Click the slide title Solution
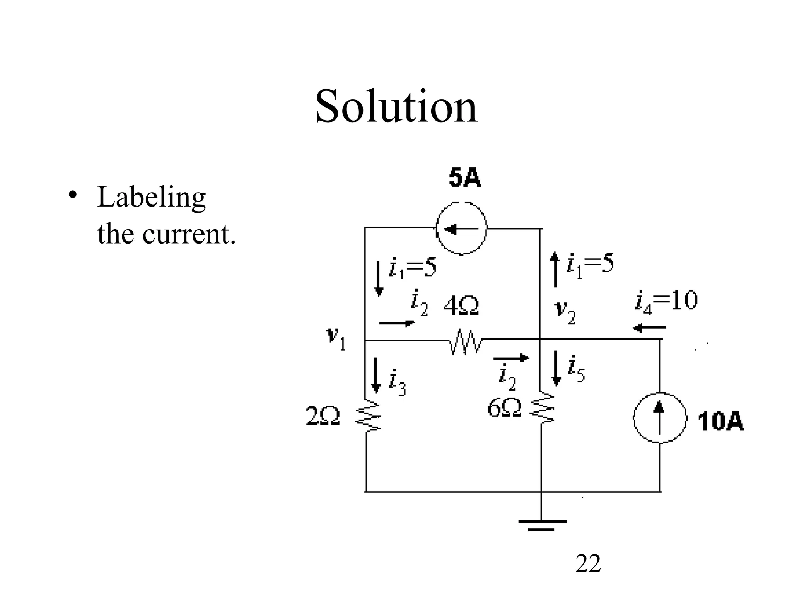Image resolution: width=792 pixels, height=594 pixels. [396, 106]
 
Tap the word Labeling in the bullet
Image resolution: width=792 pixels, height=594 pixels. [151, 197]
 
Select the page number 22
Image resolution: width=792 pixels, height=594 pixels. [588, 563]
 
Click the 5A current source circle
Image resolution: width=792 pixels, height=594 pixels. [461, 229]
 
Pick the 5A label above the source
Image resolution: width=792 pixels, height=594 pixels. [465, 179]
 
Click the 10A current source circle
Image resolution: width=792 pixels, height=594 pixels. [660, 418]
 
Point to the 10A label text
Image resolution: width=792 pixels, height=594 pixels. [721, 422]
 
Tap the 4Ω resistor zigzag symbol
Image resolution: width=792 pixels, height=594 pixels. [466, 341]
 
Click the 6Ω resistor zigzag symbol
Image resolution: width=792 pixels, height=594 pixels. [542, 408]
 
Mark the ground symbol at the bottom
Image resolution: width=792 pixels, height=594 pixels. [542, 524]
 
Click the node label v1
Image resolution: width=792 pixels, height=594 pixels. [336, 338]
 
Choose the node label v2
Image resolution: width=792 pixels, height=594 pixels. [565, 312]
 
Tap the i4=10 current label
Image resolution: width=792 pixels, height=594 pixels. [666, 301]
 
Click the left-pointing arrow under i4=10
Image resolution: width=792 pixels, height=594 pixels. [649, 328]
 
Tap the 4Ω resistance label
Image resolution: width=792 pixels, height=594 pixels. [461, 307]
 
